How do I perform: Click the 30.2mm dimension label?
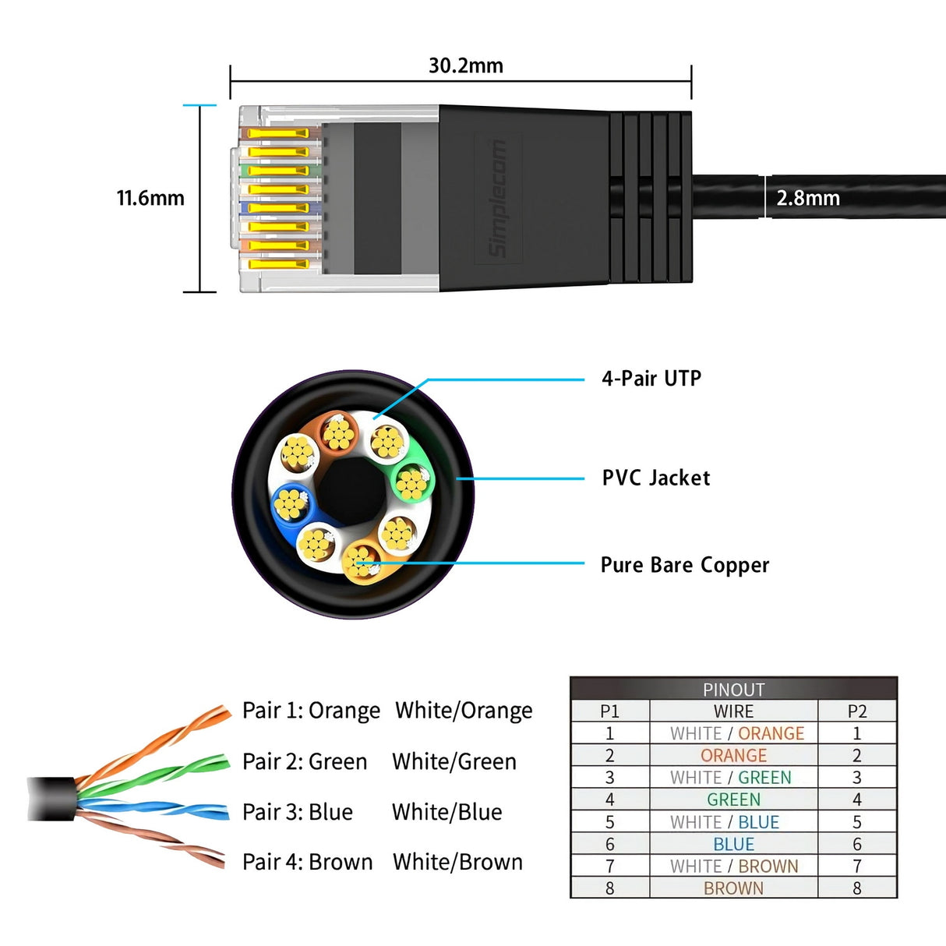[465, 65]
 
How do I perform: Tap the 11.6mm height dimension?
[150, 198]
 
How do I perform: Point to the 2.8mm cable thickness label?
[808, 198]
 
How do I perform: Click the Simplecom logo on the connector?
[497, 199]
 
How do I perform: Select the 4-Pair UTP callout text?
[651, 379]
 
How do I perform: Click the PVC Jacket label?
[655, 478]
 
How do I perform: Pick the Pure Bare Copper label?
[684, 565]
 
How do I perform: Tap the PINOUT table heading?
[733, 690]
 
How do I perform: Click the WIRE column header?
[733, 711]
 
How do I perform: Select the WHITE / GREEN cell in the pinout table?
[733, 778]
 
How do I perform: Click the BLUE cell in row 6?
[733, 844]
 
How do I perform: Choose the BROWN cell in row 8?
[733, 888]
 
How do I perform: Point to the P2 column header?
[857, 711]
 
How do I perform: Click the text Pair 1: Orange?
[311, 711]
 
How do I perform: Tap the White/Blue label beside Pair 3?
[447, 812]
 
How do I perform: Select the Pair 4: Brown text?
[307, 862]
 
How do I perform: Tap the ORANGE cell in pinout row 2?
[733, 756]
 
